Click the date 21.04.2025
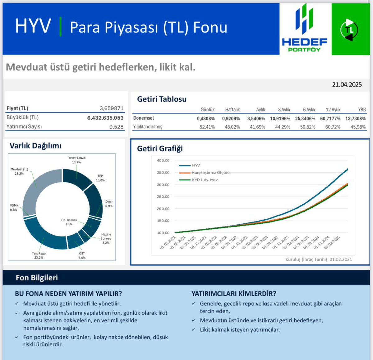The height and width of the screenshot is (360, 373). click(x=347, y=85)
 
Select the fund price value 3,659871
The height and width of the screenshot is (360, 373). click(x=111, y=108)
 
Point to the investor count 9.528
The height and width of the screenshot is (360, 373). click(x=116, y=127)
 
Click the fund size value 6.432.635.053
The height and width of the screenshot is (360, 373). click(x=105, y=118)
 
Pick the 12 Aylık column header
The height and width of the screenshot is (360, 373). click(x=333, y=110)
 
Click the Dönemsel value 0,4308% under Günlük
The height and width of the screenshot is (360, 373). click(x=206, y=119)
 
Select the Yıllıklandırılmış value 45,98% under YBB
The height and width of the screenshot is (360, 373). click(x=358, y=127)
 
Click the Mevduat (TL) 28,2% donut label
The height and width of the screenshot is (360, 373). click(x=19, y=171)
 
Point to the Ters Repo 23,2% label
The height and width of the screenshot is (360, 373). click(x=39, y=255)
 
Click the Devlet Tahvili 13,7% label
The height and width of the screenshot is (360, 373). click(x=76, y=160)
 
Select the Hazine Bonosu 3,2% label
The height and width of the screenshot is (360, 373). click(x=106, y=238)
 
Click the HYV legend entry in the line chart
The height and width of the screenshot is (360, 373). click(x=196, y=165)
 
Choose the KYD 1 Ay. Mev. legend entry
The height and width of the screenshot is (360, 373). click(x=205, y=180)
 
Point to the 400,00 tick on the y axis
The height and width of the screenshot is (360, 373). click(x=163, y=161)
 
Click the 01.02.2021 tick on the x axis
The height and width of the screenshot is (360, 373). click(x=168, y=243)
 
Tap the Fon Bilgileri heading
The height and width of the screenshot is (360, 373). click(x=37, y=278)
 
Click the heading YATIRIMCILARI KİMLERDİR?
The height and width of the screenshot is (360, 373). click(x=234, y=293)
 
